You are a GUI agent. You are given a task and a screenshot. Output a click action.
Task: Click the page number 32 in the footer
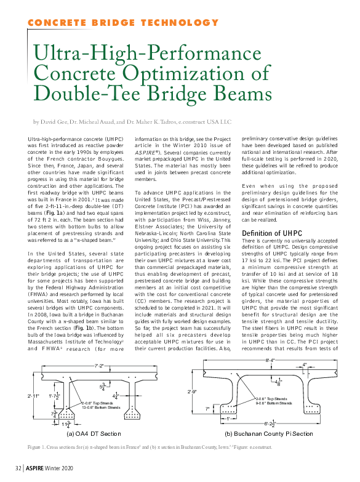(18, 473)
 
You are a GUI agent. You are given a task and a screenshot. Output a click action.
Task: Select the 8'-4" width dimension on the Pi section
(270, 359)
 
